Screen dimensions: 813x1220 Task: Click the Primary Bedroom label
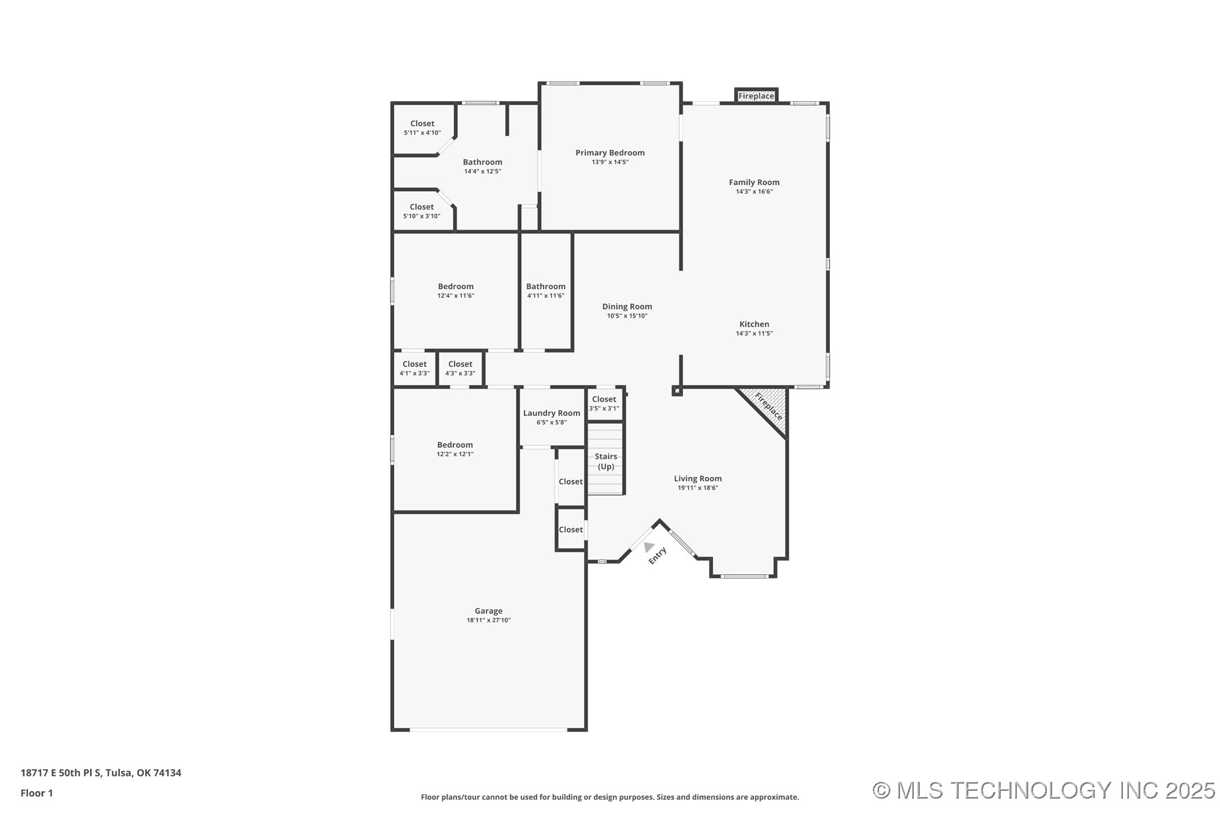(x=609, y=153)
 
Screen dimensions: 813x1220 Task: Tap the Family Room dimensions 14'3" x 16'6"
(x=754, y=192)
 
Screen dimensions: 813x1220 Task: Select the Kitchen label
(x=754, y=324)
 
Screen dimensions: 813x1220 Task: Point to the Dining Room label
(x=627, y=307)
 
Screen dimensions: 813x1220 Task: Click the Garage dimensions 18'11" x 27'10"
(x=488, y=621)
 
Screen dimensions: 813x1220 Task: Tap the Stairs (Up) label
(x=606, y=461)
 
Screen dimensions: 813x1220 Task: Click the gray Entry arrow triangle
(x=648, y=546)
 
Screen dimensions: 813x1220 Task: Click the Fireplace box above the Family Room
(x=756, y=96)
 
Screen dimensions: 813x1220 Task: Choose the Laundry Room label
(x=551, y=413)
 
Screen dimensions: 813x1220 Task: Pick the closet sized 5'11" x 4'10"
(x=422, y=128)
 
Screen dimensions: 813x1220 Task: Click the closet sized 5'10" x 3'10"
(x=421, y=211)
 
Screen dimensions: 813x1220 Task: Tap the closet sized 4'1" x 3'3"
(x=414, y=368)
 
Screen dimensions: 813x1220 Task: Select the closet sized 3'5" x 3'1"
(x=603, y=403)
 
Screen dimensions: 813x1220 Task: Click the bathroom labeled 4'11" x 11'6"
(x=545, y=291)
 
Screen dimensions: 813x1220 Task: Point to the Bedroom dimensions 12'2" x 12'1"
(x=455, y=454)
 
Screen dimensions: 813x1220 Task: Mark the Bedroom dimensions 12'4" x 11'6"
(x=455, y=296)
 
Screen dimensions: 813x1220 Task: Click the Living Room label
(x=697, y=479)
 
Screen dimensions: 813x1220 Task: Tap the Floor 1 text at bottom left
(x=37, y=793)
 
